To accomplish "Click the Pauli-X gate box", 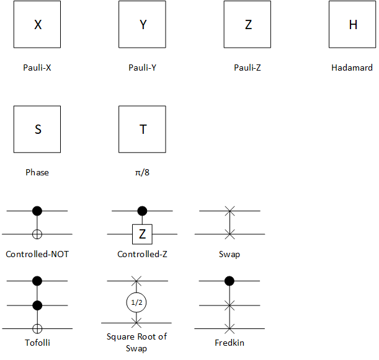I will point(37,25).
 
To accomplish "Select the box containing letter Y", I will point(143,25).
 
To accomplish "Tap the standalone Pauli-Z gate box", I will point(248,25).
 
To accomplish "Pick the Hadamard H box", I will point(353,25).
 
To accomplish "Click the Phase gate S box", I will point(37,130).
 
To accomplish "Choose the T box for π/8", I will point(143,130).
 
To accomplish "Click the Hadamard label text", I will point(352,68).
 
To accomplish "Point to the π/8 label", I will point(142,172).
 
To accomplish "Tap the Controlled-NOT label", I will point(37,254).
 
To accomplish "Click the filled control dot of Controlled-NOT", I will point(37,211).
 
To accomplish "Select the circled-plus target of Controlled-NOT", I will point(37,234).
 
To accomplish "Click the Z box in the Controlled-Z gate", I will point(142,234).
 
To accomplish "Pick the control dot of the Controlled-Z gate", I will point(142,211).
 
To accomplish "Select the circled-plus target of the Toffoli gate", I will point(37,328).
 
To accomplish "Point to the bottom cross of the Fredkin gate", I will point(230,328).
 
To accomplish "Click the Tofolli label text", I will point(37,343).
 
